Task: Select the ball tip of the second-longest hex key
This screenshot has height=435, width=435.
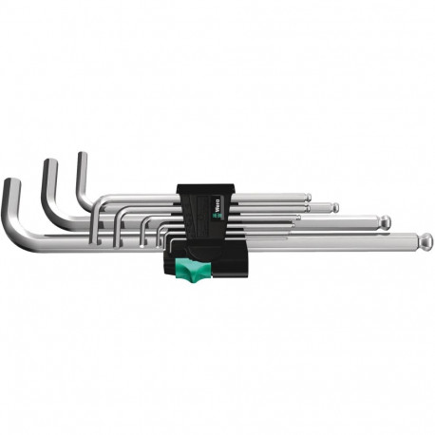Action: click(x=385, y=223)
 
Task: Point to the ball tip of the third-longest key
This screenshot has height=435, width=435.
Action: click(x=334, y=207)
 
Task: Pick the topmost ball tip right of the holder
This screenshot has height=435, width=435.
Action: click(x=307, y=198)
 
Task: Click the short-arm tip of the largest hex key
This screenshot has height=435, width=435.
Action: click(x=10, y=182)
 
